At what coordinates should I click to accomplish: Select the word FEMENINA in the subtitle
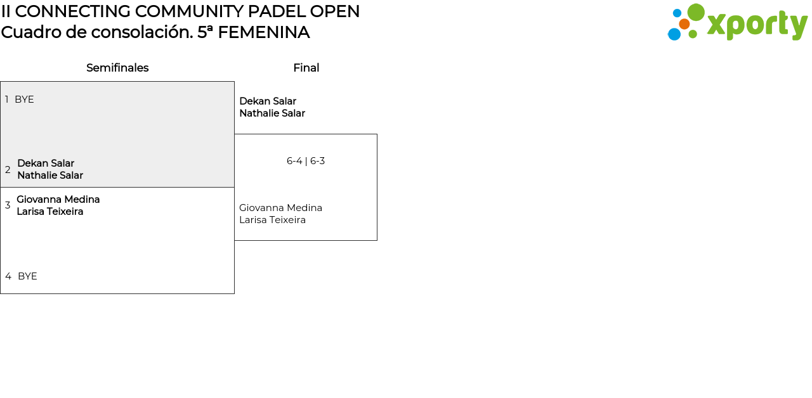click(263, 32)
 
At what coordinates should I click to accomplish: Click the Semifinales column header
click(117, 68)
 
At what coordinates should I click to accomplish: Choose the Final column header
click(306, 68)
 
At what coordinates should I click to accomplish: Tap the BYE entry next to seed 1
click(24, 99)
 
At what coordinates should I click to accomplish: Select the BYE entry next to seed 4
click(27, 276)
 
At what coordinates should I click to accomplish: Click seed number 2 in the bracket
click(8, 170)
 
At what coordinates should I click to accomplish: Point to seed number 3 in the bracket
click(8, 205)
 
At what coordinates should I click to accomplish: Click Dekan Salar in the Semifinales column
click(46, 164)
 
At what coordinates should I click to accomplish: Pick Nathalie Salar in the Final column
click(272, 113)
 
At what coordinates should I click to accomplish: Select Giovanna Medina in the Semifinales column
click(58, 200)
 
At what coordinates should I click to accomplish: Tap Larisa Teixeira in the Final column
click(272, 220)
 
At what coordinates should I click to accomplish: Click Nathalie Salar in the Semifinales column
click(50, 176)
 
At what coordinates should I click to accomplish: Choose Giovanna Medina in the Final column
click(280, 208)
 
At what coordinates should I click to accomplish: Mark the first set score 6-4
click(294, 161)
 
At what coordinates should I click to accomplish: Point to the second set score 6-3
click(317, 161)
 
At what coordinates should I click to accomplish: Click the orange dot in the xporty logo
click(684, 24)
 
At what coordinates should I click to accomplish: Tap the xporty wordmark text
click(757, 25)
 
